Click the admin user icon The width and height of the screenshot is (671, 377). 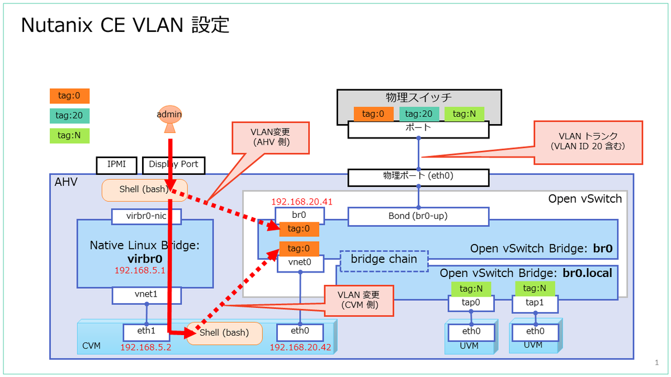pos(169,118)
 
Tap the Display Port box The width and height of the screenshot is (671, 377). pos(174,165)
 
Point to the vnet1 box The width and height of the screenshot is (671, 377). pos(147,294)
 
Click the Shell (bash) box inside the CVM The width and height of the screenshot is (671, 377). pos(224,333)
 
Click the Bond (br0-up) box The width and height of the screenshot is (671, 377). pos(418,216)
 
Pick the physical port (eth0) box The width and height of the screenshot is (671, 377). pos(418,176)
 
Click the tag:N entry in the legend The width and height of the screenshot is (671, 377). pos(69,136)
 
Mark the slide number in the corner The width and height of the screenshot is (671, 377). pos(656,362)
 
